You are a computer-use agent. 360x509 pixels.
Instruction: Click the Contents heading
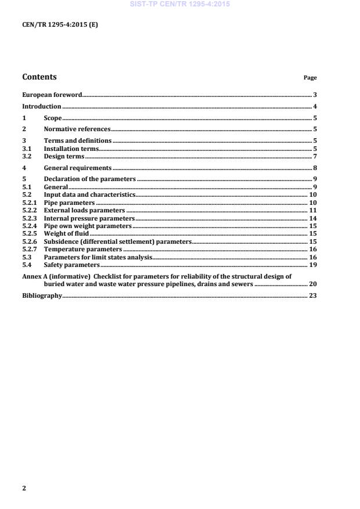[39, 77]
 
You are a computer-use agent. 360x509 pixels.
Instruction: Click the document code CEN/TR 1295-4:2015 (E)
[56, 25]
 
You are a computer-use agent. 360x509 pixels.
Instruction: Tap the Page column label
[310, 78]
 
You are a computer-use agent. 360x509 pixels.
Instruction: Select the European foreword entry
[52, 94]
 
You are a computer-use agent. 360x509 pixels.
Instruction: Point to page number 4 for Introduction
[314, 107]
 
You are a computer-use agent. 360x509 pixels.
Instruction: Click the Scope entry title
[53, 118]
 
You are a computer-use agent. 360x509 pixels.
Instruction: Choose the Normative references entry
[77, 129]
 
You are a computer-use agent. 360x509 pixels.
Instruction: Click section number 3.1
[26, 149]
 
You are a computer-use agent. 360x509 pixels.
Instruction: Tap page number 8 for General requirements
[314, 168]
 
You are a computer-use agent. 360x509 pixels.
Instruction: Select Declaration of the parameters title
[89, 179]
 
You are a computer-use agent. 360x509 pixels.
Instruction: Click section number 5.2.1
[29, 203]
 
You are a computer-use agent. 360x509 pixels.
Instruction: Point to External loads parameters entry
[84, 210]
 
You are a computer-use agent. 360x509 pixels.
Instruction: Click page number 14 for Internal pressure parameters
[312, 218]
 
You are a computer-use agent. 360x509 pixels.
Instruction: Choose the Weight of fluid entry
[67, 233]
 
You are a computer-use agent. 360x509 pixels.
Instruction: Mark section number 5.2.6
[29, 241]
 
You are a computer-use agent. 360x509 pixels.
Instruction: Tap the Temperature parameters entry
[83, 248]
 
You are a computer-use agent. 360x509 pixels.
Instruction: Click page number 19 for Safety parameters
[312, 264]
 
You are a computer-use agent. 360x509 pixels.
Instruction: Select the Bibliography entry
[42, 296]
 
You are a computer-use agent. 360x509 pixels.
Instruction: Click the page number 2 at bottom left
[24, 488]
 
